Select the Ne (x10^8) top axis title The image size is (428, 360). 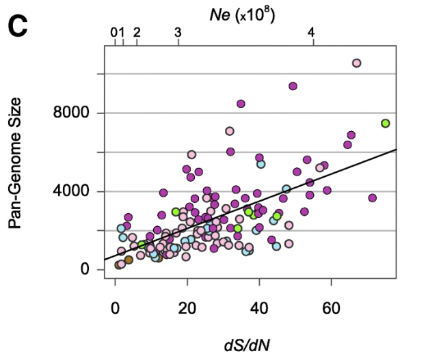241,13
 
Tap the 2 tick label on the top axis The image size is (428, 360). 137,32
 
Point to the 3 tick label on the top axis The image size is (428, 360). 178,32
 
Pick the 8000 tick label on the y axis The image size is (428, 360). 72,113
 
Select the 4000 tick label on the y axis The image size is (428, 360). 72,191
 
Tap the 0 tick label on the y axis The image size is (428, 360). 84,269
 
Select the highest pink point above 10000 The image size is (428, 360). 356,63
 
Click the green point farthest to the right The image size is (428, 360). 386,124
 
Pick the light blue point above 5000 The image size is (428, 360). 261,164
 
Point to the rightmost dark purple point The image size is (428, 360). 373,198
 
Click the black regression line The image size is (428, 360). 273,197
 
